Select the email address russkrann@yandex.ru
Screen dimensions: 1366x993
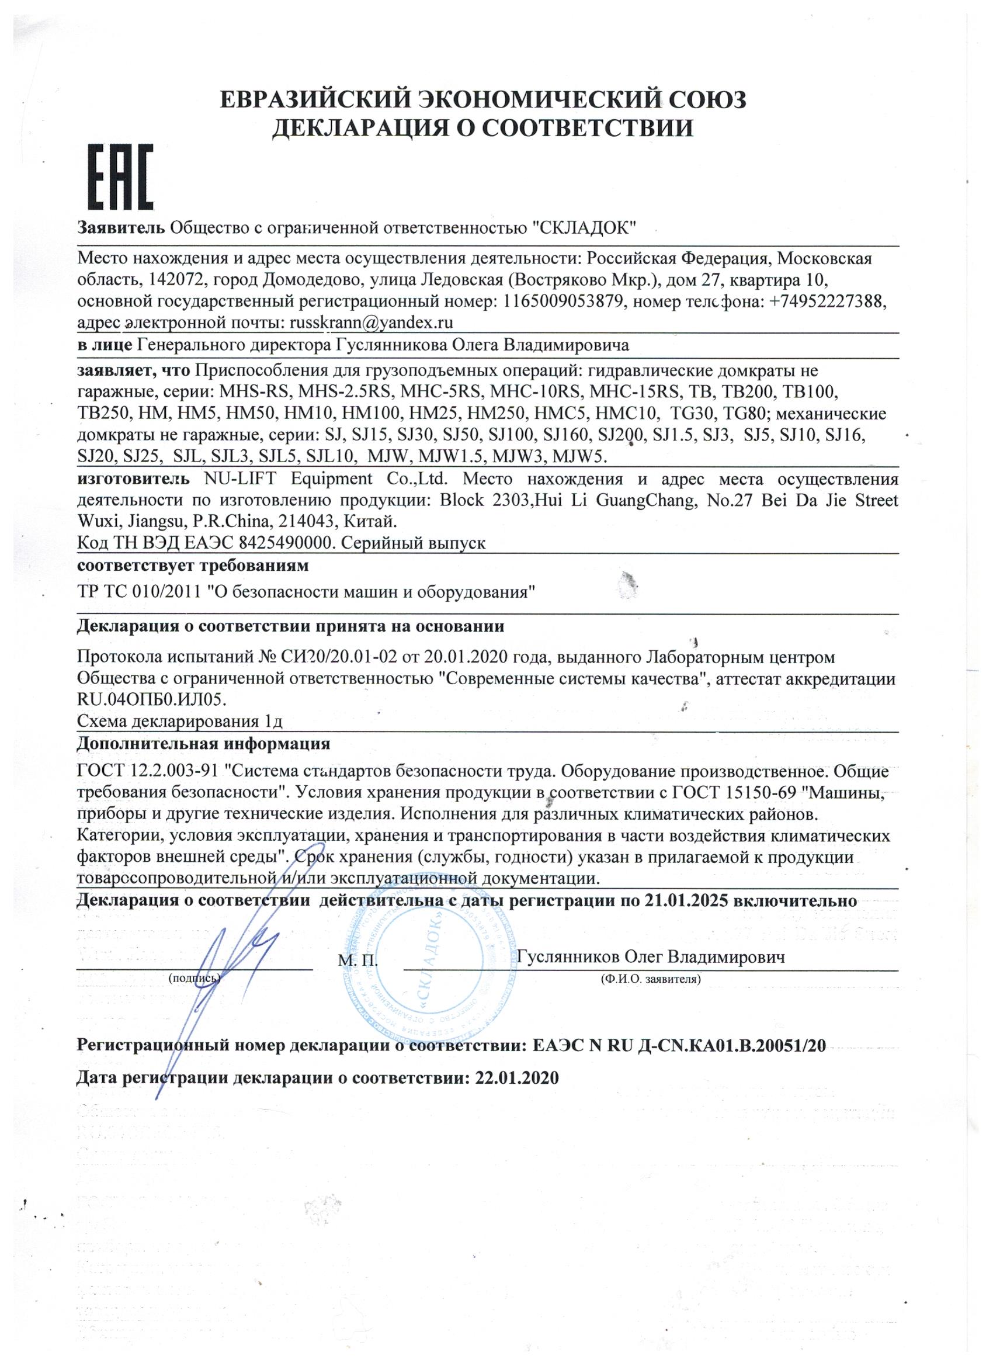pyautogui.click(x=371, y=323)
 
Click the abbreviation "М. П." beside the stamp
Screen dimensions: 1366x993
pyautogui.click(x=358, y=959)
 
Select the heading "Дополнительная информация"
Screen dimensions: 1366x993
pyautogui.click(x=203, y=743)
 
